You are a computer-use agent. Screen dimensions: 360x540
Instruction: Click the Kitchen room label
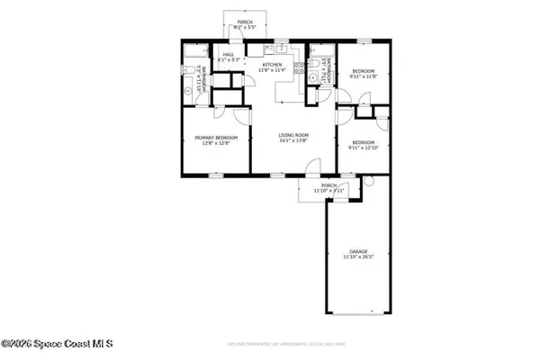pos(272,65)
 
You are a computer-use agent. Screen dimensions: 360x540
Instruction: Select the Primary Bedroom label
pos(213,137)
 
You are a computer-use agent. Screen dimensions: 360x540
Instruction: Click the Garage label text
pos(357,251)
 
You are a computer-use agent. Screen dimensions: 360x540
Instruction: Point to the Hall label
pos(229,54)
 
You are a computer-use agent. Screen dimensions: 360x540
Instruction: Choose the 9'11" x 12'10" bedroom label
pos(364,142)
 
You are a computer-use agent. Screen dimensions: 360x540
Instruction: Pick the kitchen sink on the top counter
pos(282,48)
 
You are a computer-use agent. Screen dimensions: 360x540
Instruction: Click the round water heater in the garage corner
pos(366,184)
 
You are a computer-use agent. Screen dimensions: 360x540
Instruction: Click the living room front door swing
pos(310,166)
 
